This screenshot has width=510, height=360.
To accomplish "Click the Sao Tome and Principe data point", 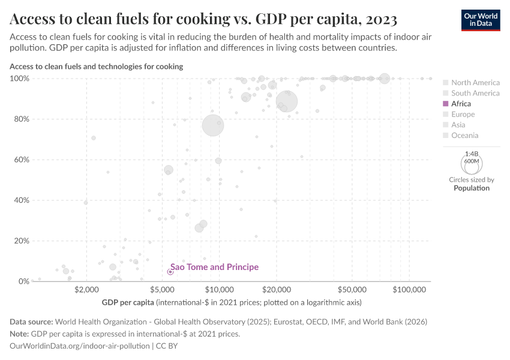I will click(x=170, y=272).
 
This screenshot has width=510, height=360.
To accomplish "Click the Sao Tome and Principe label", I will click(x=215, y=267).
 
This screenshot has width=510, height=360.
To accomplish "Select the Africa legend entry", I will click(x=461, y=104).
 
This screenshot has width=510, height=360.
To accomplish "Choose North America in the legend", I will click(x=475, y=82).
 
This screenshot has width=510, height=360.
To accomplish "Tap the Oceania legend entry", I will click(x=464, y=136).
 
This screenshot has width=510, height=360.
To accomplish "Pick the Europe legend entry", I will click(x=463, y=114).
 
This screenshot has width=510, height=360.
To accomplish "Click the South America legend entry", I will click(x=475, y=93).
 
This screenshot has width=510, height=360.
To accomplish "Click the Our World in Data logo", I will click(x=481, y=19).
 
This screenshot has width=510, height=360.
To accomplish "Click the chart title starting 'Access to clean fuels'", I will click(x=203, y=20).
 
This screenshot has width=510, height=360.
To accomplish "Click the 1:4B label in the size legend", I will click(x=471, y=154).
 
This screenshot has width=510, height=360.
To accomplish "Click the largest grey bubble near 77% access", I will click(x=212, y=125).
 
